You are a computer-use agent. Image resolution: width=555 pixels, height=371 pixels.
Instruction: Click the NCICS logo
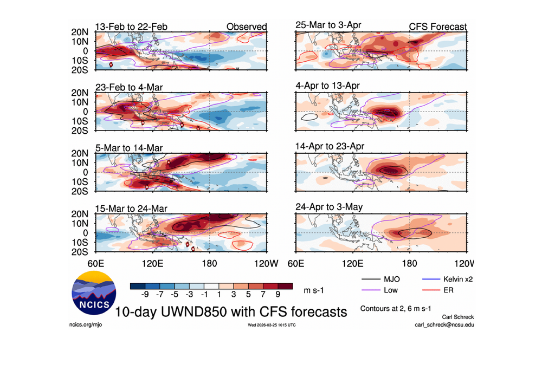[x=93, y=295]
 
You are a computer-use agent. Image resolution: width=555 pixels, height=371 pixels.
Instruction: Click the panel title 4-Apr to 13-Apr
[x=326, y=86]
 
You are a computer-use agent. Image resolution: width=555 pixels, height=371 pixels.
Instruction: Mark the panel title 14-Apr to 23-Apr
[x=328, y=147]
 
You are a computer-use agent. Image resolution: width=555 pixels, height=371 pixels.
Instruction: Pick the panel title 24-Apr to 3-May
[x=326, y=207]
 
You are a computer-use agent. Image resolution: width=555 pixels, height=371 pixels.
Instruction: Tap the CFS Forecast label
[x=437, y=27]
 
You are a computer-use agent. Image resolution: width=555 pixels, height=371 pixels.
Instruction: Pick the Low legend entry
[x=390, y=290]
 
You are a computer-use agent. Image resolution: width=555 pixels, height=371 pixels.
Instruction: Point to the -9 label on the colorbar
[x=144, y=295]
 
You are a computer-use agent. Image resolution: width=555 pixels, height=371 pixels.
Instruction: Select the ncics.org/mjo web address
[x=87, y=325]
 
